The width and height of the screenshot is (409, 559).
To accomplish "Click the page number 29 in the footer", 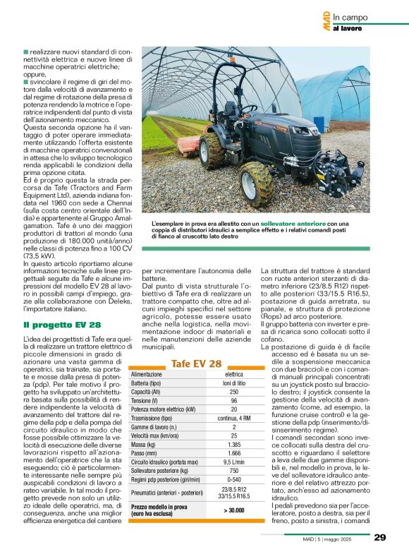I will click(379, 538).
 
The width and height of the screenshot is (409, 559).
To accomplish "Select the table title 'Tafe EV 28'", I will click(196, 363).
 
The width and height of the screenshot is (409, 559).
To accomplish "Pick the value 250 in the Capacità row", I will click(234, 390).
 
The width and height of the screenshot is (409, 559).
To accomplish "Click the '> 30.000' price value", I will click(234, 510).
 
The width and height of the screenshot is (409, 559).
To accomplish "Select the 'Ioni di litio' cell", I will click(234, 382).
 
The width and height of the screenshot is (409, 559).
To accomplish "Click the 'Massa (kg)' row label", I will click(145, 445).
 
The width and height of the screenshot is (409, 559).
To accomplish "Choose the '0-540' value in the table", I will click(234, 480).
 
